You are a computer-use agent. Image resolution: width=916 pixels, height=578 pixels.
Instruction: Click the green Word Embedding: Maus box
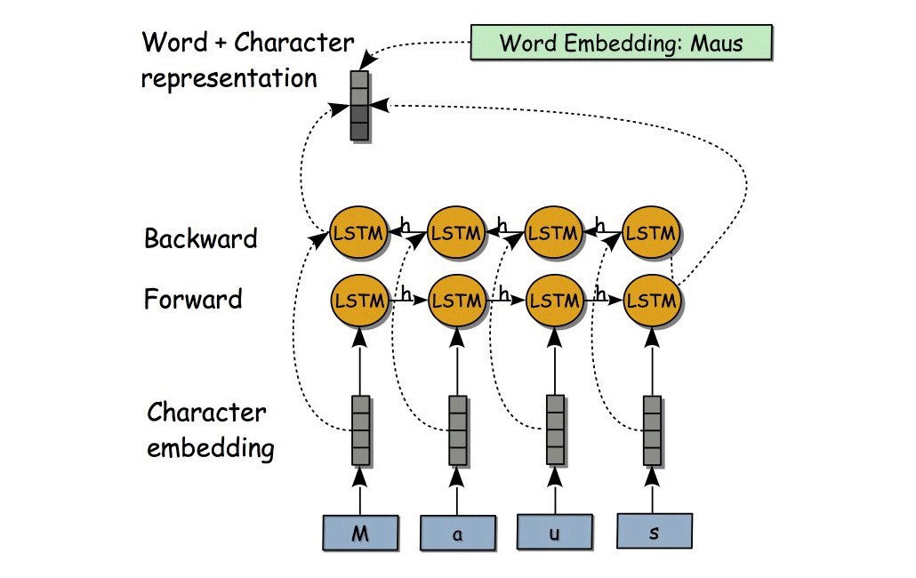pos(621,43)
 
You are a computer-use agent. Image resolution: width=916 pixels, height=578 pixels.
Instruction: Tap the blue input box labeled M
pos(359,534)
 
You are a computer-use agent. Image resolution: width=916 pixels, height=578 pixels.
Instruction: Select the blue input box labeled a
pos(457,534)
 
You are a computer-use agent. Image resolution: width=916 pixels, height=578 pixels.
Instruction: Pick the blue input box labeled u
pos(555,533)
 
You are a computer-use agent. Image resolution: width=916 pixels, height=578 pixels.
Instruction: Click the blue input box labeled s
pos(654,531)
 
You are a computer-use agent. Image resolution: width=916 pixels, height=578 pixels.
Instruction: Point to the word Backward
pos(200,238)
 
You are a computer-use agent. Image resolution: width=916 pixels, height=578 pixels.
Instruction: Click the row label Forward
pos(193,299)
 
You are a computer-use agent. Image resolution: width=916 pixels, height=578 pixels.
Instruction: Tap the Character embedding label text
pos(210,430)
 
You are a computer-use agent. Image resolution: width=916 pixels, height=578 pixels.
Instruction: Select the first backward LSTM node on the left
pos(359,233)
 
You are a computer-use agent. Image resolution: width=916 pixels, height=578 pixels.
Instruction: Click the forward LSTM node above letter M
pos(359,301)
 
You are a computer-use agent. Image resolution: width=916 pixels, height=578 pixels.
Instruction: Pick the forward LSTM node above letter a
pos(457,301)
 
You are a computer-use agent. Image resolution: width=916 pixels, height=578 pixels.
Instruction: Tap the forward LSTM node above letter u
pos(555,301)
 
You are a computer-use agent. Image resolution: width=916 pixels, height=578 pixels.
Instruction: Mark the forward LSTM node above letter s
pos(652,301)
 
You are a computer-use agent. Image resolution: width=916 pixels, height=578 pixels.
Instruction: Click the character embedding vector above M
pos(359,430)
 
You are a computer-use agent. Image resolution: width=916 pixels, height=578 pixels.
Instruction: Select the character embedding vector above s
pos(653,430)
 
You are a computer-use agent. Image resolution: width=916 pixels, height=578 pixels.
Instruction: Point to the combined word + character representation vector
pos(359,106)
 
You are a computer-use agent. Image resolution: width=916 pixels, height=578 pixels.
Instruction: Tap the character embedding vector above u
pos(555,430)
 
